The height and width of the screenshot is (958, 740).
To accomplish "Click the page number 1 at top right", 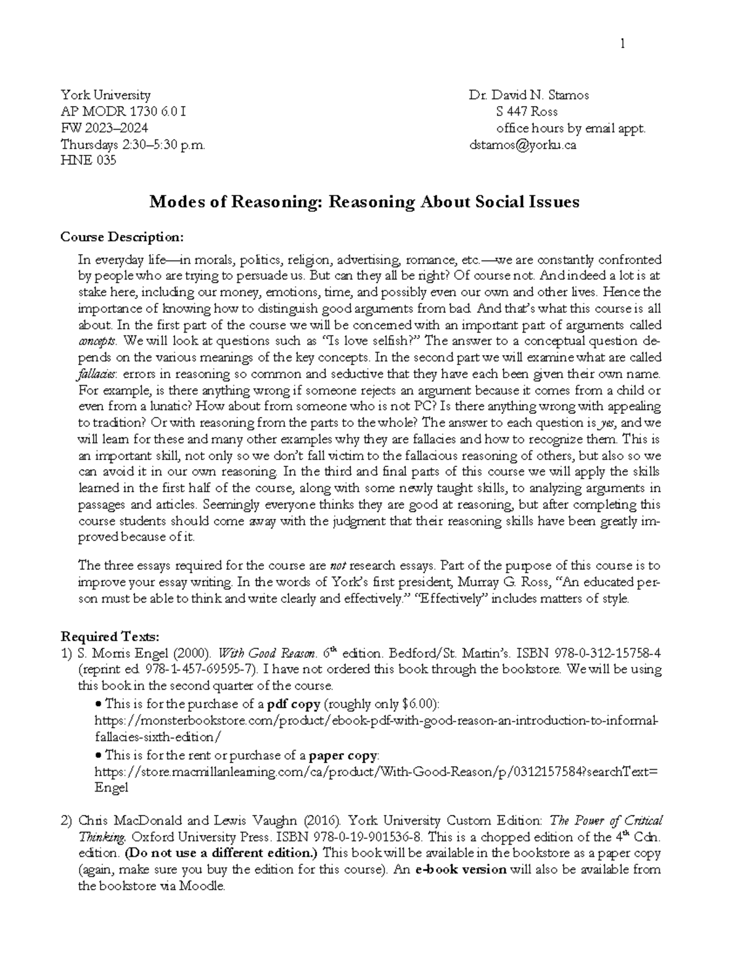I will click(x=623, y=43).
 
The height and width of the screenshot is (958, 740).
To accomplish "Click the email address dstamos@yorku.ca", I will click(x=522, y=145).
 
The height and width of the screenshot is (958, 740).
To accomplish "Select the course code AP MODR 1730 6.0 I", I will click(x=123, y=112).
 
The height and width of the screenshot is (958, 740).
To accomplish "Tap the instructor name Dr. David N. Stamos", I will click(x=528, y=95).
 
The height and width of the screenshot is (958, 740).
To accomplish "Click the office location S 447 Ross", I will click(x=527, y=112).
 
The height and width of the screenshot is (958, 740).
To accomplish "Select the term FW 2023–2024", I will click(x=104, y=128).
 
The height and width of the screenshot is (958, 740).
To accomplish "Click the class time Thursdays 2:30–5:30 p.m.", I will click(x=132, y=145).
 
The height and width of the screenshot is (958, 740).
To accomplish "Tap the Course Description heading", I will click(x=121, y=237).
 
